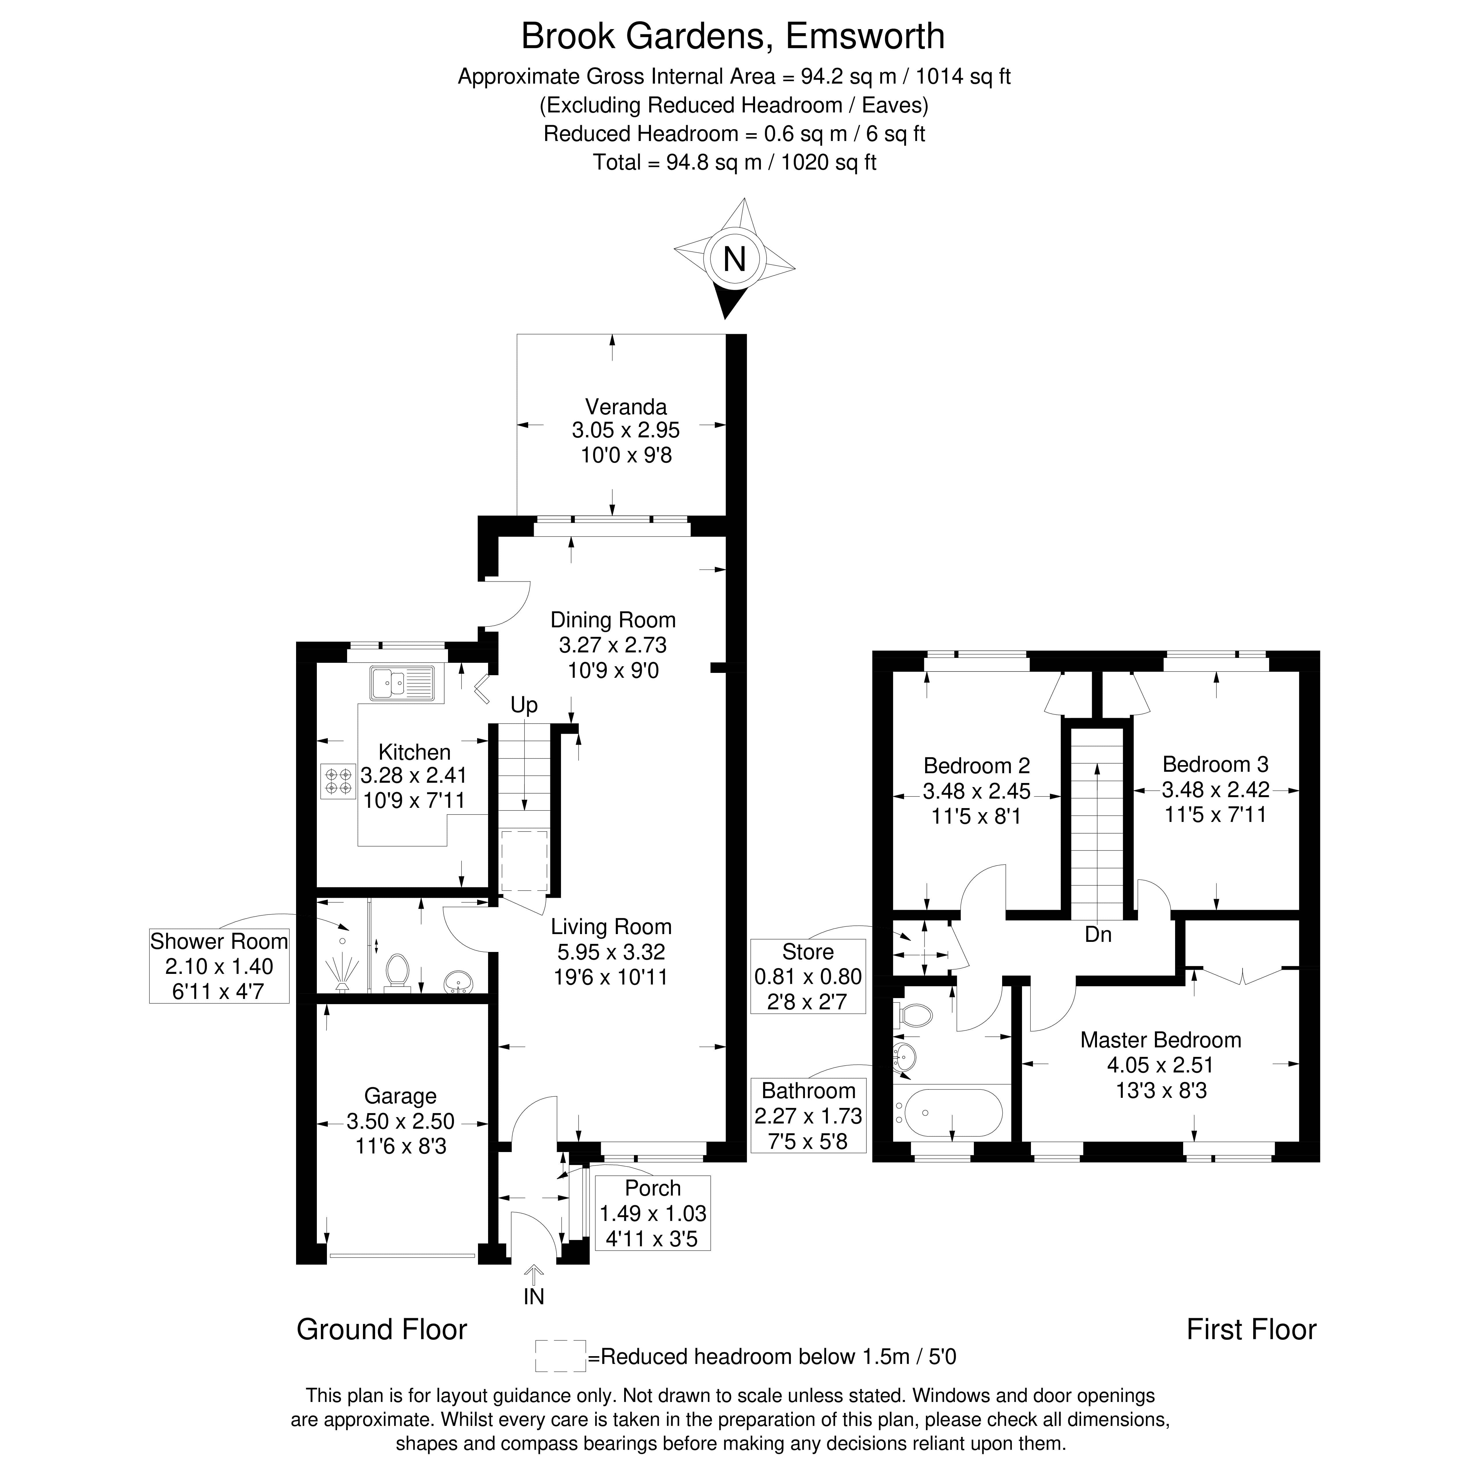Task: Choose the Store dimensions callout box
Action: point(808,976)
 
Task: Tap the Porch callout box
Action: point(653,1213)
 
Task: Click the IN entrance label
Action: point(533,1296)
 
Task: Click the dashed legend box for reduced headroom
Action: point(560,1356)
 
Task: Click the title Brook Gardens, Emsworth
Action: point(733,37)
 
